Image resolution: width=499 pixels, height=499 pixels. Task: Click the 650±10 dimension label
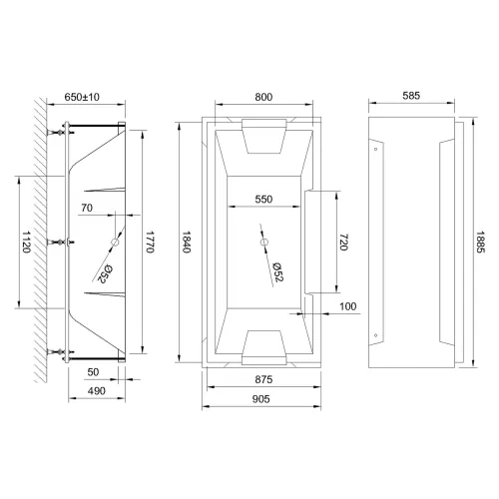pos(82,97)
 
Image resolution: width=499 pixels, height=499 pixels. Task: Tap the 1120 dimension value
pos(26,242)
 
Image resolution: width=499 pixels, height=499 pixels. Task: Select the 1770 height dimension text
pos(150,242)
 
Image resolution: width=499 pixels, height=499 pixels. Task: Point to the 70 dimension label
pos(87,208)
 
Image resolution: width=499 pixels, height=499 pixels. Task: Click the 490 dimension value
pos(97,391)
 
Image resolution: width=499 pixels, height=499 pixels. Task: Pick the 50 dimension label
pos(93,372)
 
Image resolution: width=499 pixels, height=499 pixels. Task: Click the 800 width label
pos(263,97)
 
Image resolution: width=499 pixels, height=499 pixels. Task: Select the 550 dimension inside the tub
pos(263,199)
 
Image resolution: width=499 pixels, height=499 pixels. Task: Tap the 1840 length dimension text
pos(187,242)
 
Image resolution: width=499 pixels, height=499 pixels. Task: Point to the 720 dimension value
pos(343,242)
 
